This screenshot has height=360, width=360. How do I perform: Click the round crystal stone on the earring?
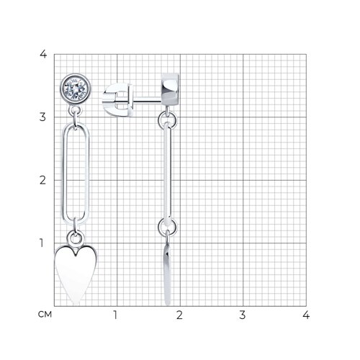[x=76, y=89]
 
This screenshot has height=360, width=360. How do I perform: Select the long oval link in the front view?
[x=63, y=173]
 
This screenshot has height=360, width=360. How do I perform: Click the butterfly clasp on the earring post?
[x=117, y=99]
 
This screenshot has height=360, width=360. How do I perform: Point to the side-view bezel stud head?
[x=170, y=89]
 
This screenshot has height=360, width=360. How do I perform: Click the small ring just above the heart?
[x=76, y=238]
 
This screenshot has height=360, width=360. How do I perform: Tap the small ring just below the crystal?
[x=75, y=112]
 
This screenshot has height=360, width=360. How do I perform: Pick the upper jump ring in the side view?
[x=167, y=120]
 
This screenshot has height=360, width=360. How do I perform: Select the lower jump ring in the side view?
[x=167, y=227]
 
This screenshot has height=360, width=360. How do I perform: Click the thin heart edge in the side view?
[x=168, y=274]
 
